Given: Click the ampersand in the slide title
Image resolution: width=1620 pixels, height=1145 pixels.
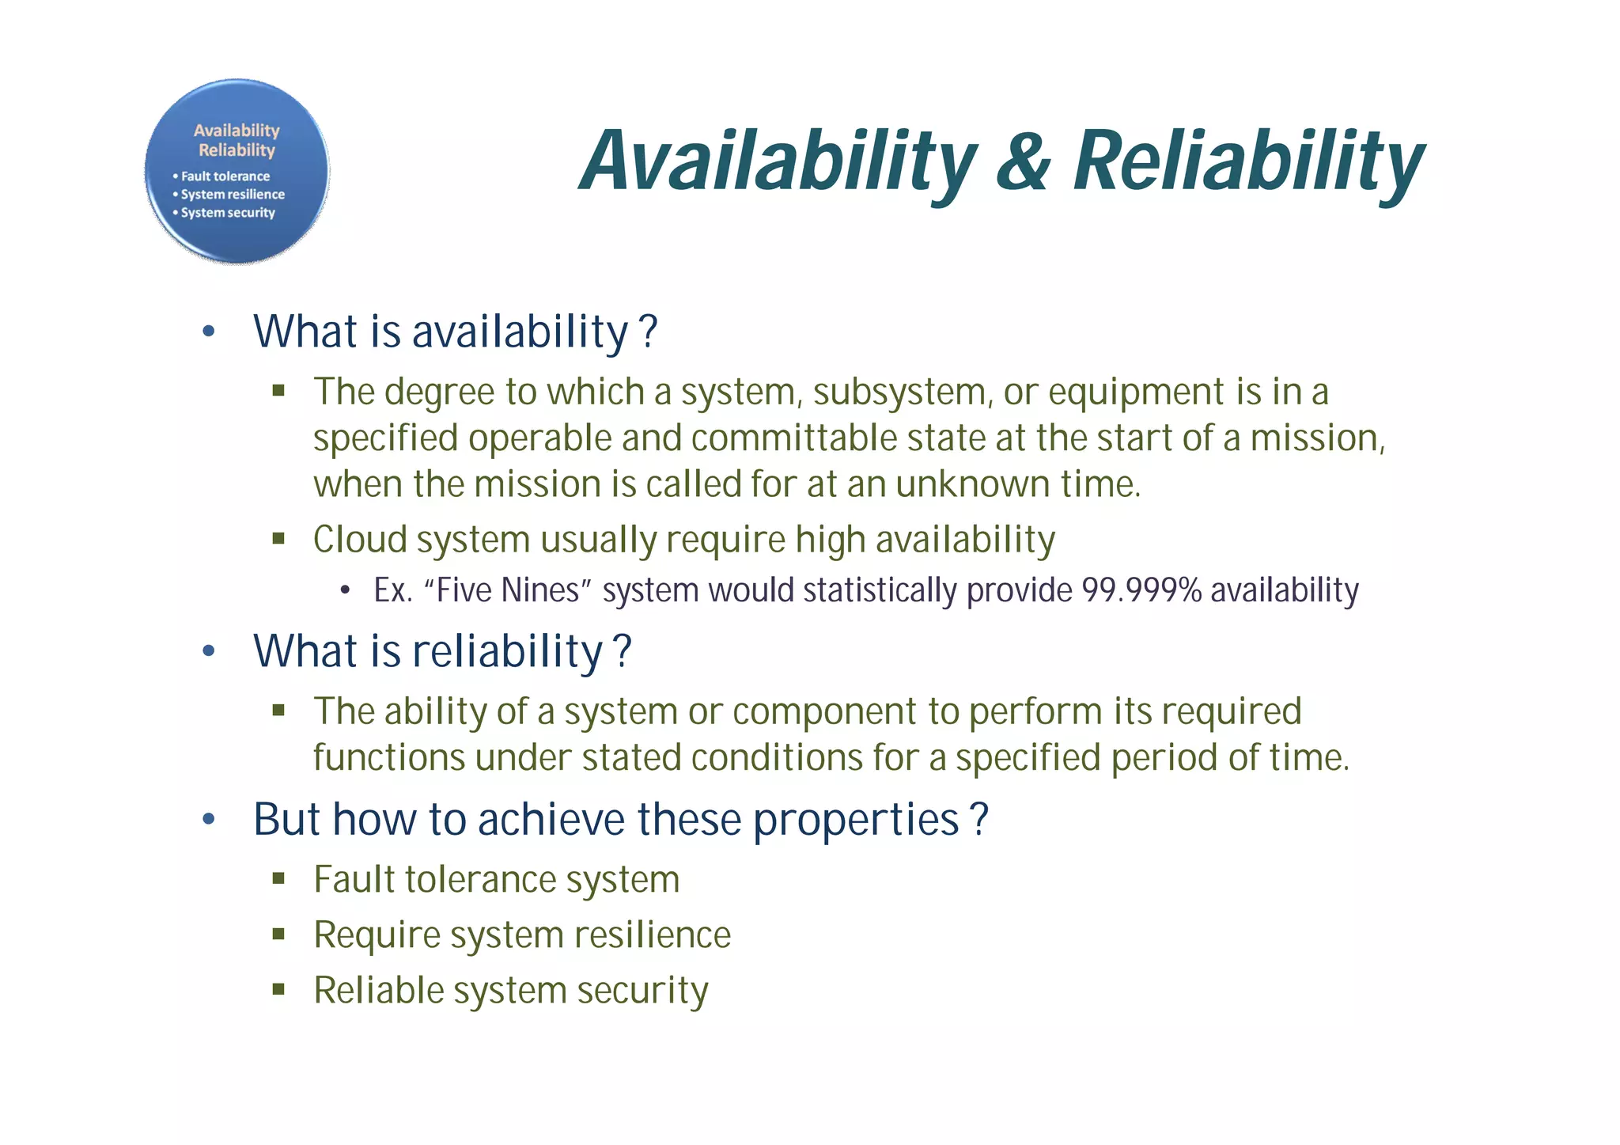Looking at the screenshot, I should [x=1024, y=161].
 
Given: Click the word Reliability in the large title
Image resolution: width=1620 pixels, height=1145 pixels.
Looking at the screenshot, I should [x=1247, y=161].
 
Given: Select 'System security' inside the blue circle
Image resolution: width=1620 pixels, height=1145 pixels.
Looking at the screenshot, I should [x=228, y=213].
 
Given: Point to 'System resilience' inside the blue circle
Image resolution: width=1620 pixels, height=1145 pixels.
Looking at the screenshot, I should [x=233, y=195].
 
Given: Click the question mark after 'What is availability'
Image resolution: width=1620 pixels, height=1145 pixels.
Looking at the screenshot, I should [x=648, y=332].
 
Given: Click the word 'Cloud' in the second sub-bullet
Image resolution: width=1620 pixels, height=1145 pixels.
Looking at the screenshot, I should [x=359, y=540].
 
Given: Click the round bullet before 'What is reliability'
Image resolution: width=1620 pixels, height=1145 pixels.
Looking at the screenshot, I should [x=208, y=652].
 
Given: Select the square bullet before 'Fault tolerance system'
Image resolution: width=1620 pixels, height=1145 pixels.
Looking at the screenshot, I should [x=278, y=878].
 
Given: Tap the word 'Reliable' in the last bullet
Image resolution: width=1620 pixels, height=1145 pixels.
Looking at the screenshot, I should [x=368, y=991].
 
